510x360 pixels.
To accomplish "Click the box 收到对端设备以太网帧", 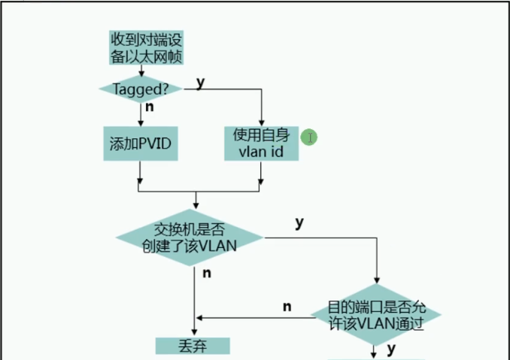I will [141, 47].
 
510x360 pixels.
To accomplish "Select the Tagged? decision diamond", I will [141, 89].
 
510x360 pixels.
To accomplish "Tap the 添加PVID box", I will [141, 143].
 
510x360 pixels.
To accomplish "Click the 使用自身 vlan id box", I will [261, 143].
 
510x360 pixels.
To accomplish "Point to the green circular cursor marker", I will [309, 137].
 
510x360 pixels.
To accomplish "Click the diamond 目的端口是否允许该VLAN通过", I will [375, 316].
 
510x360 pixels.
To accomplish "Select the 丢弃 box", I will [192, 346].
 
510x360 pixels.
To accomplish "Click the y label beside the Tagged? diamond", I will [201, 81].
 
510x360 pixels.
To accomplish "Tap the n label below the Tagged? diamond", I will [150, 107].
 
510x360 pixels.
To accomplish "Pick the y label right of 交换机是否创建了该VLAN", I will [299, 222].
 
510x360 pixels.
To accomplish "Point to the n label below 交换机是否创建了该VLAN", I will [207, 273].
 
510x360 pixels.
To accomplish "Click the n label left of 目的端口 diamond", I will [287, 306].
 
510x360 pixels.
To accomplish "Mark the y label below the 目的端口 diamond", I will [391, 349].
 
